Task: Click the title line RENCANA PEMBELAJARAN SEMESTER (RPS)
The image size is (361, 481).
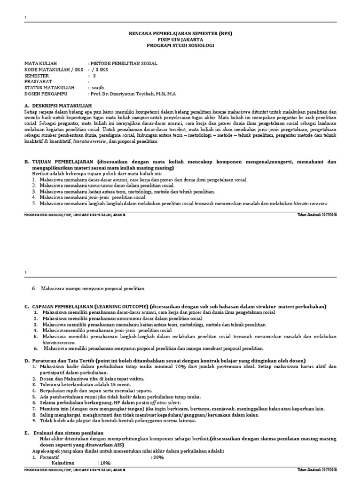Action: tap(180, 34)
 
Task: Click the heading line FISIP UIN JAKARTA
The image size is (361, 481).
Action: tap(180, 40)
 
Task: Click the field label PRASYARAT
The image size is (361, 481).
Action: tap(39, 81)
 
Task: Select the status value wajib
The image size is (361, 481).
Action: tap(97, 87)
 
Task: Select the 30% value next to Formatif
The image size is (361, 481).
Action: tap(157, 457)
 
